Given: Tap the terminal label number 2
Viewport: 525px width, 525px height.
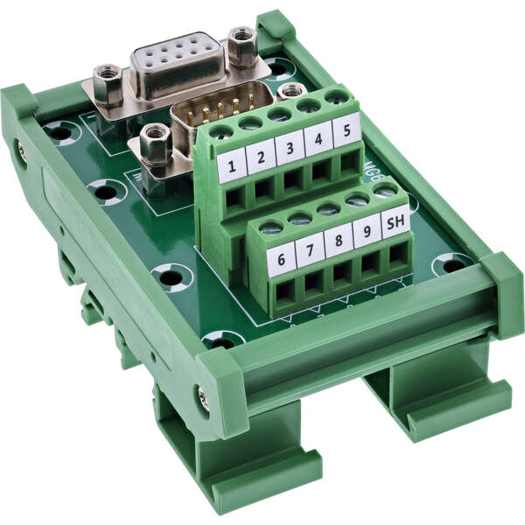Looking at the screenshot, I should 261,156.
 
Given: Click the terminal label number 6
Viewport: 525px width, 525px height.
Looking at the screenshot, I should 281,260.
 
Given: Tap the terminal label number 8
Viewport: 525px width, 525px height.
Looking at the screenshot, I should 339,241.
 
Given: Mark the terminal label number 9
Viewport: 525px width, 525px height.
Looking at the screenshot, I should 367,231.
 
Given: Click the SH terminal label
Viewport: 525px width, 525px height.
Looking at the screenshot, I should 395,221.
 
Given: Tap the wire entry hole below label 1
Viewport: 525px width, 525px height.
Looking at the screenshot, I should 234,199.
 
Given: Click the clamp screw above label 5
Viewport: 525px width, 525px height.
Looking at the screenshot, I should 337,98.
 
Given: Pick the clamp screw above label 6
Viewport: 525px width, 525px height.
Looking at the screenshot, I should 271,228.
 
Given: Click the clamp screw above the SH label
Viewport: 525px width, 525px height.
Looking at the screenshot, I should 384,192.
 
